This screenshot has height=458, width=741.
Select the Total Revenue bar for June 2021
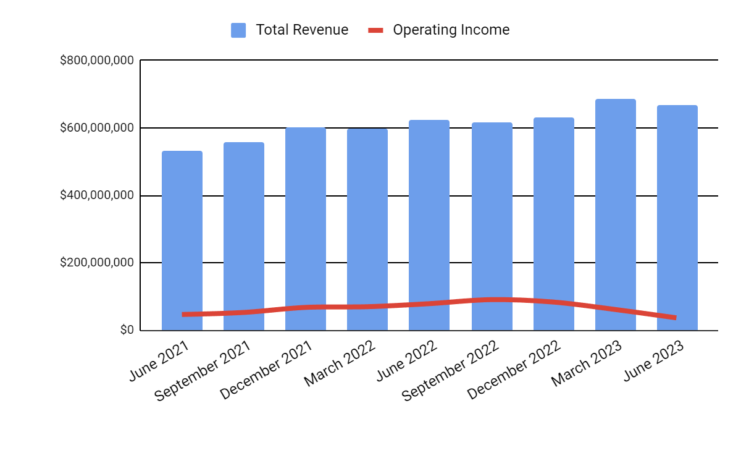[182, 235]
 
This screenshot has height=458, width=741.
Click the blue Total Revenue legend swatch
[238, 30]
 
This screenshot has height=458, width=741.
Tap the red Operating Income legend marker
[376, 30]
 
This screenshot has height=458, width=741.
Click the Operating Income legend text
[451, 30]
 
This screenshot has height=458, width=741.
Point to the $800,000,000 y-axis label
[97, 61]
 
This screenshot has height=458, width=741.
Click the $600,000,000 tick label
[97, 128]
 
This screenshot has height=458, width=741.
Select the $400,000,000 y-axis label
[97, 195]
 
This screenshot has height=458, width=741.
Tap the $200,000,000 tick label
[97, 263]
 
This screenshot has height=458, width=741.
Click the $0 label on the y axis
[127, 330]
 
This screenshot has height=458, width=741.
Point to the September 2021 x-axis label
[203, 371]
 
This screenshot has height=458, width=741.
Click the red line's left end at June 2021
[184, 315]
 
